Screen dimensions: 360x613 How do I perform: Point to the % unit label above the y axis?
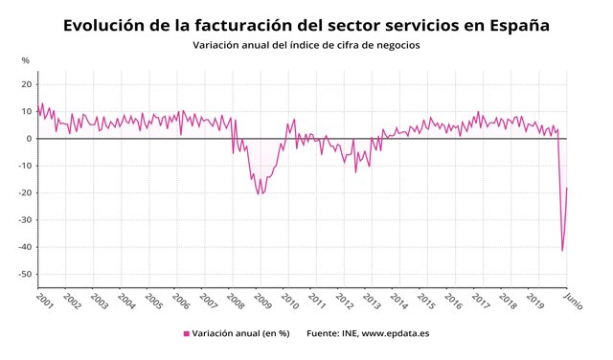coord(26,61)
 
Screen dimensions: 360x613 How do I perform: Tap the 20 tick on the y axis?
coord(26,84)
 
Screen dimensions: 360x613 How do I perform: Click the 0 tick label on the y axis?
coord(29,139)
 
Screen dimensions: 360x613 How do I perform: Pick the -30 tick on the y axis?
coord(25,220)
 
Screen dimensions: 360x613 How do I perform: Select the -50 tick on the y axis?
coord(25,275)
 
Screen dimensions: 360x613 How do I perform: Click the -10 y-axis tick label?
coord(25,166)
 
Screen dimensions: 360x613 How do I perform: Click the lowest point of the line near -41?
coord(562,251)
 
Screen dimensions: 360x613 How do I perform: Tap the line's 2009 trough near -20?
coord(259,194)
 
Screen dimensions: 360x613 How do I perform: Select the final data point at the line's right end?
coord(567,188)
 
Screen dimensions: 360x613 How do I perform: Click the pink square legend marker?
coord(187,334)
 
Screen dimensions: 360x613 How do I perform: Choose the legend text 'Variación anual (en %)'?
coord(240,334)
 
